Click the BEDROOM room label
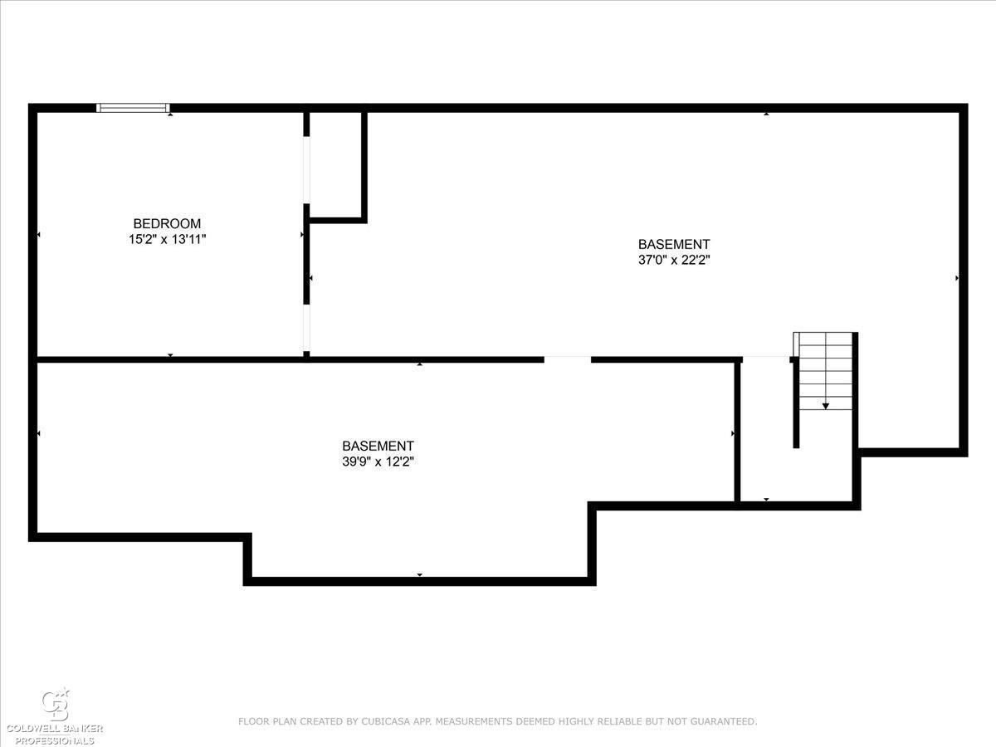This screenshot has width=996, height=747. click(167, 223)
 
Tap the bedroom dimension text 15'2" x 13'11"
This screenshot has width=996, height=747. click(167, 239)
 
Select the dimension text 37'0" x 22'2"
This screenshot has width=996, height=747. click(674, 260)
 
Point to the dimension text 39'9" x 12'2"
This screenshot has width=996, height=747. click(378, 461)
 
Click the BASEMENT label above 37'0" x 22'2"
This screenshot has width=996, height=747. click(674, 244)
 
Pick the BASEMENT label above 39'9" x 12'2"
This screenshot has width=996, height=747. click(378, 446)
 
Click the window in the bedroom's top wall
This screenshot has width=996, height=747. click(134, 108)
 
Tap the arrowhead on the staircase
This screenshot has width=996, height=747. click(825, 406)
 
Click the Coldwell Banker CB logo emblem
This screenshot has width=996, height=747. click(56, 705)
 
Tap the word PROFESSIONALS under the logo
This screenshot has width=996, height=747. click(55, 741)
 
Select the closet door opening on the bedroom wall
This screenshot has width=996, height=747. click(307, 169)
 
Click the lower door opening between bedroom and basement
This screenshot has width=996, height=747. click(307, 328)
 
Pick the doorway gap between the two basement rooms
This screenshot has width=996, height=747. click(568, 359)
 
